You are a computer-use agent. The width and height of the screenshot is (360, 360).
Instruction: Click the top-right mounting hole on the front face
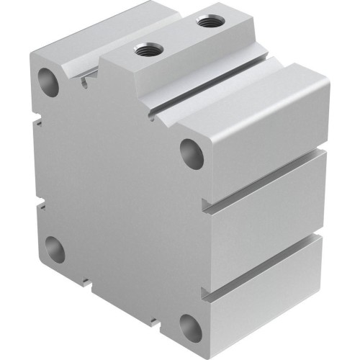[192, 153]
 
